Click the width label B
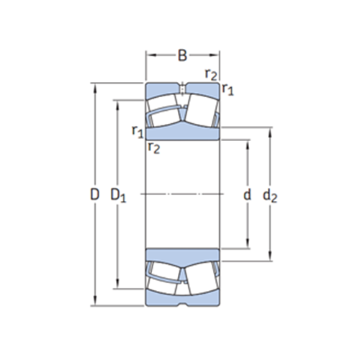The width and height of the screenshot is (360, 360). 183,55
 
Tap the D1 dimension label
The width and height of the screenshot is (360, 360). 117,194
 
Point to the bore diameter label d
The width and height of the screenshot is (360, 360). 247,194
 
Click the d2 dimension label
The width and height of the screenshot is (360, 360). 270,194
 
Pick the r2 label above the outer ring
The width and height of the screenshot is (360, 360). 210,73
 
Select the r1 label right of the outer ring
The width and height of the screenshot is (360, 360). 228,89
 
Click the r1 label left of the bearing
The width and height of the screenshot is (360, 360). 137,130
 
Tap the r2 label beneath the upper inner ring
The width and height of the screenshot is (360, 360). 153,147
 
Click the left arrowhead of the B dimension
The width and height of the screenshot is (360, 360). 149,55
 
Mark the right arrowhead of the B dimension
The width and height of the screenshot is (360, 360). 217,55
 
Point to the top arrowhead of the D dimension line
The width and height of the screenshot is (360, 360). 95,86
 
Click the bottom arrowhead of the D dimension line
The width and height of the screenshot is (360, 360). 95,302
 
